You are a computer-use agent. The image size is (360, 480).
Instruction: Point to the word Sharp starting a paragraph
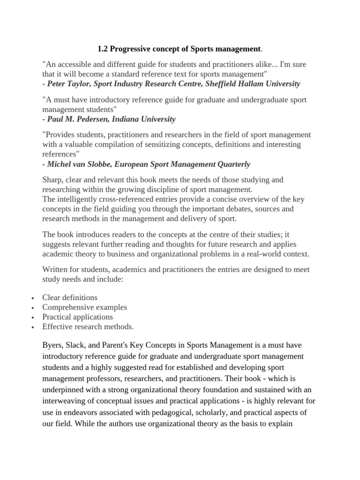click(x=52, y=180)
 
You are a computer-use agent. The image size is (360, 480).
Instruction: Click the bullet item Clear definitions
click(x=70, y=298)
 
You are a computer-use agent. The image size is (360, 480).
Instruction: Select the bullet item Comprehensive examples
click(x=84, y=307)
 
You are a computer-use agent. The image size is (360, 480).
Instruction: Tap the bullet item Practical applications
click(x=77, y=317)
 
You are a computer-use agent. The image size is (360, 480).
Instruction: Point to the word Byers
click(x=53, y=345)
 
